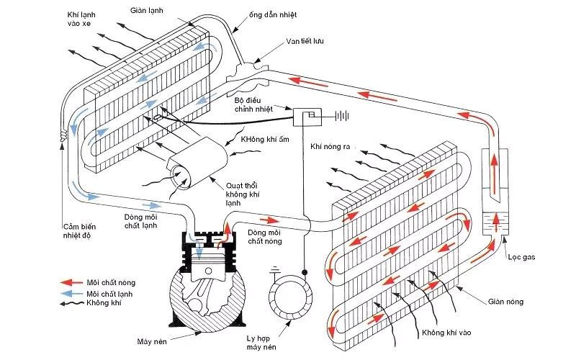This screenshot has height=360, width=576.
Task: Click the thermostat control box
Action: [x=310, y=115]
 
